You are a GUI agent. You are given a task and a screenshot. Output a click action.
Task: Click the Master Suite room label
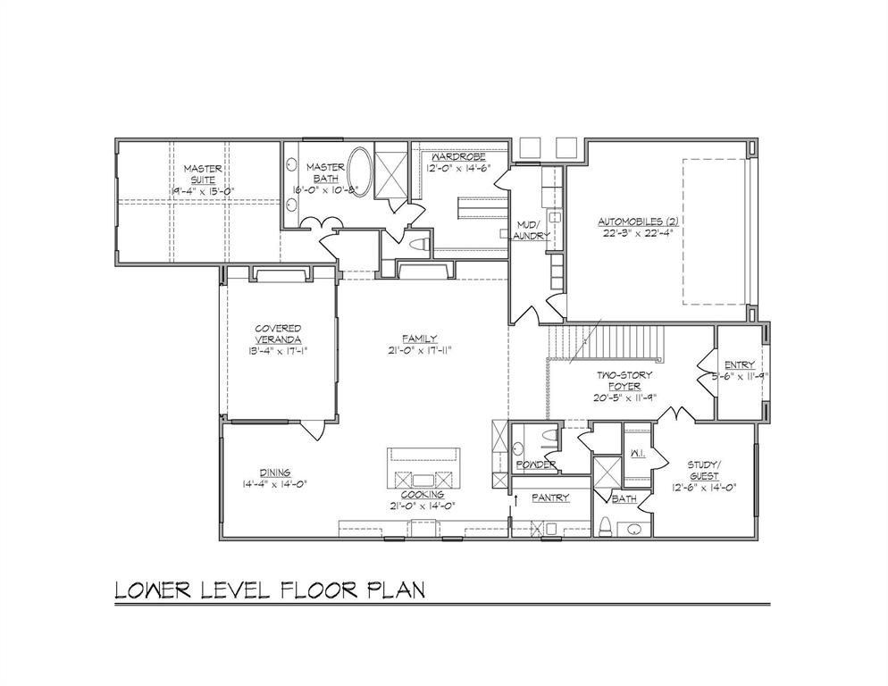click(x=202, y=173)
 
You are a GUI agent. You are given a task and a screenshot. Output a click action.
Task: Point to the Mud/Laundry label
click(x=530, y=230)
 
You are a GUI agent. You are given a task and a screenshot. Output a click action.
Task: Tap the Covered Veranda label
click(x=277, y=334)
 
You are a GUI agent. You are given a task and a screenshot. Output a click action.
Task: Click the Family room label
click(x=418, y=338)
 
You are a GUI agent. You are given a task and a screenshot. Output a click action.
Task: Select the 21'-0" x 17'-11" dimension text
click(x=418, y=350)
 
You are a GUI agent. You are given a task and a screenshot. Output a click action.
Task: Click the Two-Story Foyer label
click(x=624, y=381)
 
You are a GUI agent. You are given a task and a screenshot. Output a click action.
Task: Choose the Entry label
click(x=739, y=364)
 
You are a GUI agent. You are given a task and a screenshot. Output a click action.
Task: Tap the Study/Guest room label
click(x=703, y=470)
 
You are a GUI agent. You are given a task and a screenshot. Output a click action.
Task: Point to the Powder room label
click(x=535, y=464)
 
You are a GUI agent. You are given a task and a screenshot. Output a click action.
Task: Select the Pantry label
click(x=550, y=498)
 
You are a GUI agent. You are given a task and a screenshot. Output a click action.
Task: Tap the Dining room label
click(x=274, y=473)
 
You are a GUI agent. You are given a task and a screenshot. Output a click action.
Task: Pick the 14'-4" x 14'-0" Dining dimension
click(x=274, y=484)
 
